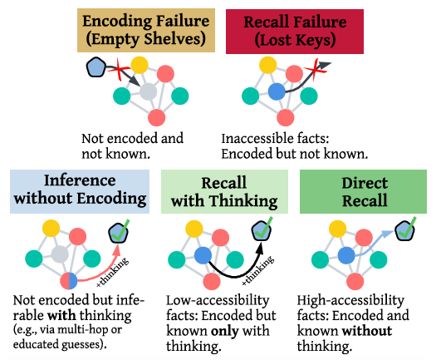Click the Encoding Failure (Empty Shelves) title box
[146, 30]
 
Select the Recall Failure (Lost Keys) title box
[295, 32]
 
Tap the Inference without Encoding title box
[80, 191]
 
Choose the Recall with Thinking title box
[224, 191]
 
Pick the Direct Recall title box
[363, 191]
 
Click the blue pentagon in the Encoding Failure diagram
[96, 67]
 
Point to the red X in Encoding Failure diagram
[119, 69]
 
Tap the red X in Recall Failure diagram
[316, 69]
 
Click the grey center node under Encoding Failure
[148, 91]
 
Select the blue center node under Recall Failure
[277, 91]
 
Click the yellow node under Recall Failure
[267, 65]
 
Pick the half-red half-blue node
[69, 281]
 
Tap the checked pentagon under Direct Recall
[405, 229]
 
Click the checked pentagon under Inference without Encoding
[119, 232]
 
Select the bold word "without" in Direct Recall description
[367, 331]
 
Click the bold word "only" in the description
[225, 332]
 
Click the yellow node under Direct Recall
[337, 229]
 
